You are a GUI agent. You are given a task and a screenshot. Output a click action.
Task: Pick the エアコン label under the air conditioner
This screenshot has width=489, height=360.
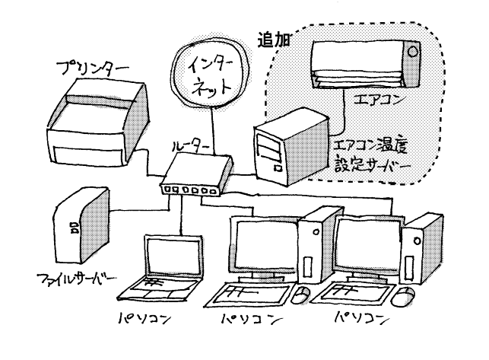pos(377,99)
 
